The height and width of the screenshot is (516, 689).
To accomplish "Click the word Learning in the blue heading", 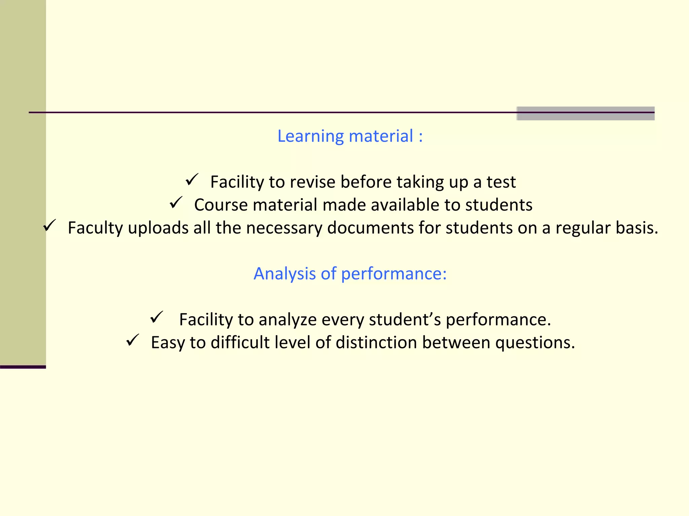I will point(311,136).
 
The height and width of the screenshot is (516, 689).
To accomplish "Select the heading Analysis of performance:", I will point(350,273).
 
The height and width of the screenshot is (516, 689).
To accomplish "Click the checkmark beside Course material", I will point(176,203).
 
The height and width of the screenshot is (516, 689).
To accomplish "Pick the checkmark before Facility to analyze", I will point(156,317).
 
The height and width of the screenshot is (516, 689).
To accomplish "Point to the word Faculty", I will point(95,228).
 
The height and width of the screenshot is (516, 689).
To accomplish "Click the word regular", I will point(583,228).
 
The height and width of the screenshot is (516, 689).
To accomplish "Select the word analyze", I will point(287,319).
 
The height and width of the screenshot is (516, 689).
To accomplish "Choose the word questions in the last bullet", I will point(535,342).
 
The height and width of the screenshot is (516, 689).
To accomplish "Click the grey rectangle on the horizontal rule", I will point(585,114).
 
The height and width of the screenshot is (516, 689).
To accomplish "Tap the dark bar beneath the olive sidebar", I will point(23,367).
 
